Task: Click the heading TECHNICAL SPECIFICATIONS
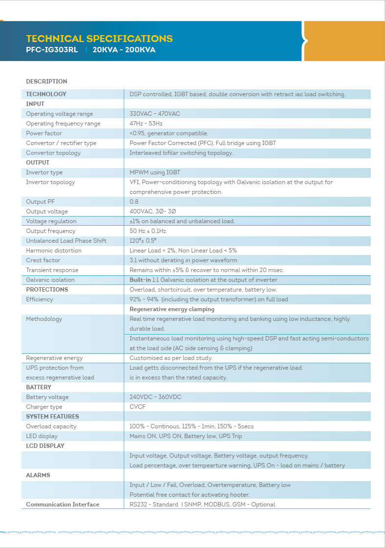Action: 99,39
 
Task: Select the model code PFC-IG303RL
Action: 52,50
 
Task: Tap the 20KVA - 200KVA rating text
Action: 124,50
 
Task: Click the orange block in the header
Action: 344,41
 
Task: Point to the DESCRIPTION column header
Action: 46,82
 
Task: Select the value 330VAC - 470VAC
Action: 155,114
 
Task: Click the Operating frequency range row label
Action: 63,124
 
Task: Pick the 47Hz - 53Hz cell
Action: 146,124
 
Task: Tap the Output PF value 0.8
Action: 134,202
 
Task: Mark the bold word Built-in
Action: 140,280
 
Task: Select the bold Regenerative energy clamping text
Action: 172,309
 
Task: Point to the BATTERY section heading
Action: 39,387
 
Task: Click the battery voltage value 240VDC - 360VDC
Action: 155,397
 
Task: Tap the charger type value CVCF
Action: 137,407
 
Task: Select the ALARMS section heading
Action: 38,475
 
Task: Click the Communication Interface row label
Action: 63,505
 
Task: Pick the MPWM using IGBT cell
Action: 155,172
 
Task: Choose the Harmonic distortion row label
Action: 54,251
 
